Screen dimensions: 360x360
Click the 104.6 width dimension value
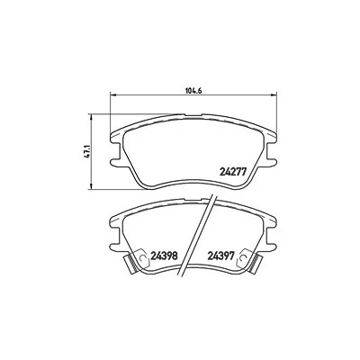pyautogui.click(x=193, y=90)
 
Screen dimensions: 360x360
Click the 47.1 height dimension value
pyautogui.click(x=86, y=152)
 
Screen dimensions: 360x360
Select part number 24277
pyautogui.click(x=233, y=171)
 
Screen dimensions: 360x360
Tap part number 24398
pyautogui.click(x=164, y=256)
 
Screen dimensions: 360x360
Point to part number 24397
pyautogui.click(x=220, y=256)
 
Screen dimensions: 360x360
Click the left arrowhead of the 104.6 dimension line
pyautogui.click(x=113, y=95)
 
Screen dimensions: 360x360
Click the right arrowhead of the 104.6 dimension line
pyautogui.click(x=274, y=95)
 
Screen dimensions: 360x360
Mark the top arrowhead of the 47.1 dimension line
pyautogui.click(x=91, y=116)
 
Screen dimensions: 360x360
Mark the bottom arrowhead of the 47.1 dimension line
pyautogui.click(x=91, y=187)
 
